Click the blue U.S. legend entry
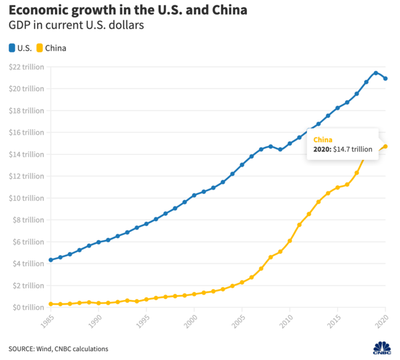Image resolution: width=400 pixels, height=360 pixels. click(x=20, y=48)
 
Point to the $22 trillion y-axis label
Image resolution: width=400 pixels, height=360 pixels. click(x=27, y=67)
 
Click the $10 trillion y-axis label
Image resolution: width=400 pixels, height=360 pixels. click(x=27, y=198)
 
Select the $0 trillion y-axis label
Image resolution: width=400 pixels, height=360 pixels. click(x=28, y=307)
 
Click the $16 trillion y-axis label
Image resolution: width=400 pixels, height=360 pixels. click(x=27, y=132)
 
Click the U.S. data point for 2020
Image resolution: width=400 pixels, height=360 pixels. click(x=385, y=78)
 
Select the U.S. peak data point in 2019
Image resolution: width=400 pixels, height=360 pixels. click(x=376, y=73)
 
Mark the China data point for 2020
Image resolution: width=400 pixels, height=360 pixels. click(x=385, y=146)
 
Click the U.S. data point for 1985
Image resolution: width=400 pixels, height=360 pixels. click(x=51, y=260)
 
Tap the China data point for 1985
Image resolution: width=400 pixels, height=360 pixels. click(x=51, y=304)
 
